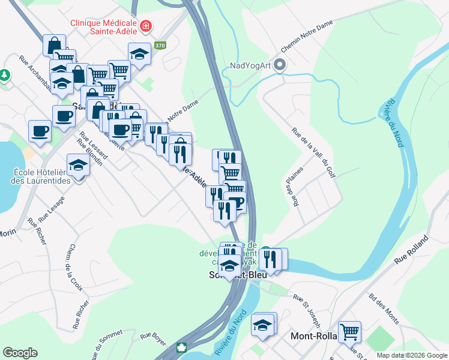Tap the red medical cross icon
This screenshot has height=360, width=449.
click(x=146, y=26)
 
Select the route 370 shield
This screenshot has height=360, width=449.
click(x=159, y=46)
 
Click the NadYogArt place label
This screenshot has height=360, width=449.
click(x=250, y=66)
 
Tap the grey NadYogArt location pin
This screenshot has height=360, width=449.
click(x=279, y=65)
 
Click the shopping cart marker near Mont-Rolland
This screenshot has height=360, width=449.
click(x=349, y=330)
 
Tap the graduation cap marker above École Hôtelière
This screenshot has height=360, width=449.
click(x=78, y=165)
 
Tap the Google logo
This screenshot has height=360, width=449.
click(x=20, y=353)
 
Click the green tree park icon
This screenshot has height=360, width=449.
click(x=5, y=75)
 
